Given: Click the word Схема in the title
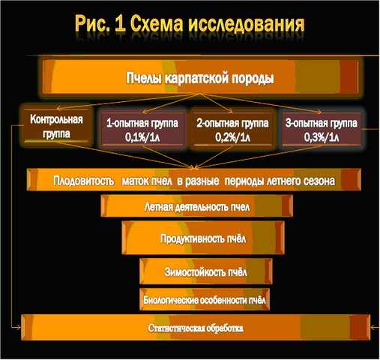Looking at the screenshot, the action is tap(157, 24).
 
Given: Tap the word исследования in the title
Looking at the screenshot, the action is tap(247, 24).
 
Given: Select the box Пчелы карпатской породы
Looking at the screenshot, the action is tap(201, 77).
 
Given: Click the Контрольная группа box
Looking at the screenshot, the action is tap(56, 126).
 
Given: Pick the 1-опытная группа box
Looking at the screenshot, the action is tap(142, 130).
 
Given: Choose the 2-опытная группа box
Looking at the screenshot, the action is tap(232, 130).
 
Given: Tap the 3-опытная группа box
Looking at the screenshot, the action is tap(322, 130).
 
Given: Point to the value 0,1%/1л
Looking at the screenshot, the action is tap(142, 137).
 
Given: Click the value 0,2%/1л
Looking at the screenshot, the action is tap(232, 137).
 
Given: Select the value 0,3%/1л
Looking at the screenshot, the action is tap(322, 137).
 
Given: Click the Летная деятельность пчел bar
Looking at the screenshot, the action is tap(196, 206).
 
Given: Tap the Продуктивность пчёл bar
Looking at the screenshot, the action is tap(203, 238).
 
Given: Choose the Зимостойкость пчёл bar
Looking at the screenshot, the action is tap(206, 271).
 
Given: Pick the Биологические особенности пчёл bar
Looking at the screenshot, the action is tap(205, 299).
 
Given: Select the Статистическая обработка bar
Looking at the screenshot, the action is tap(196, 328).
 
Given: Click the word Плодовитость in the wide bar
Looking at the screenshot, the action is tap(84, 181).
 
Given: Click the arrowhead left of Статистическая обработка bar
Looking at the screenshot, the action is tap(19, 327).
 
